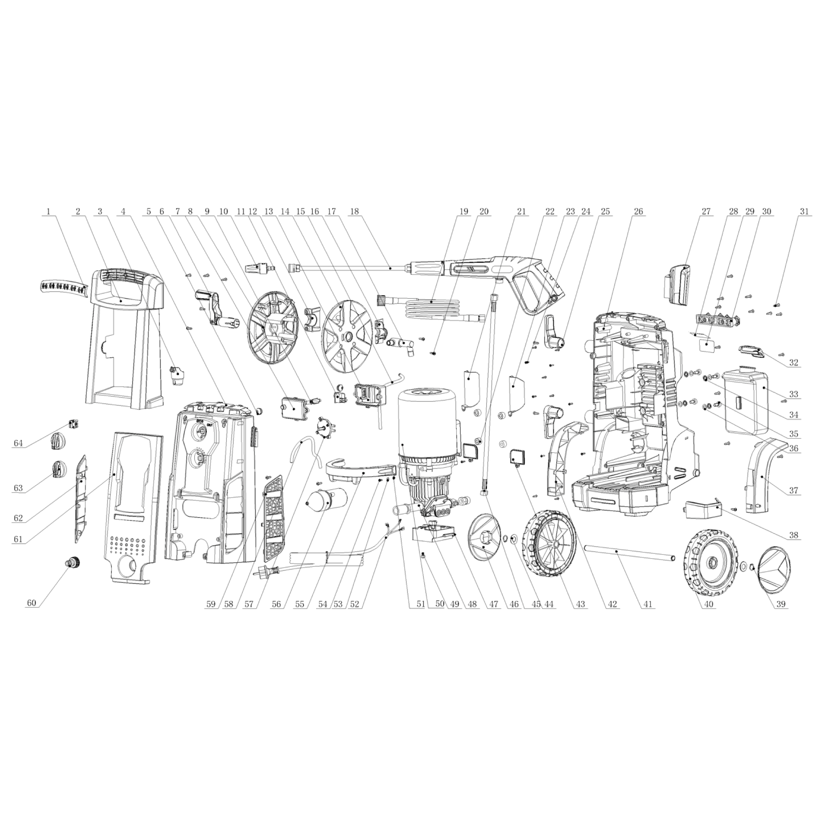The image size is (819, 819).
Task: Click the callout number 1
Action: [x=48, y=211]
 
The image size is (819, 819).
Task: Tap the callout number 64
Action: [x=18, y=443]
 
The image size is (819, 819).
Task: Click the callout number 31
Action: [x=804, y=211]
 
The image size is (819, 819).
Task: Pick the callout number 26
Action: [x=638, y=211]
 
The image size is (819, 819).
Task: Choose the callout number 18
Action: [x=354, y=211]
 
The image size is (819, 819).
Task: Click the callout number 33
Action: [x=794, y=394]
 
